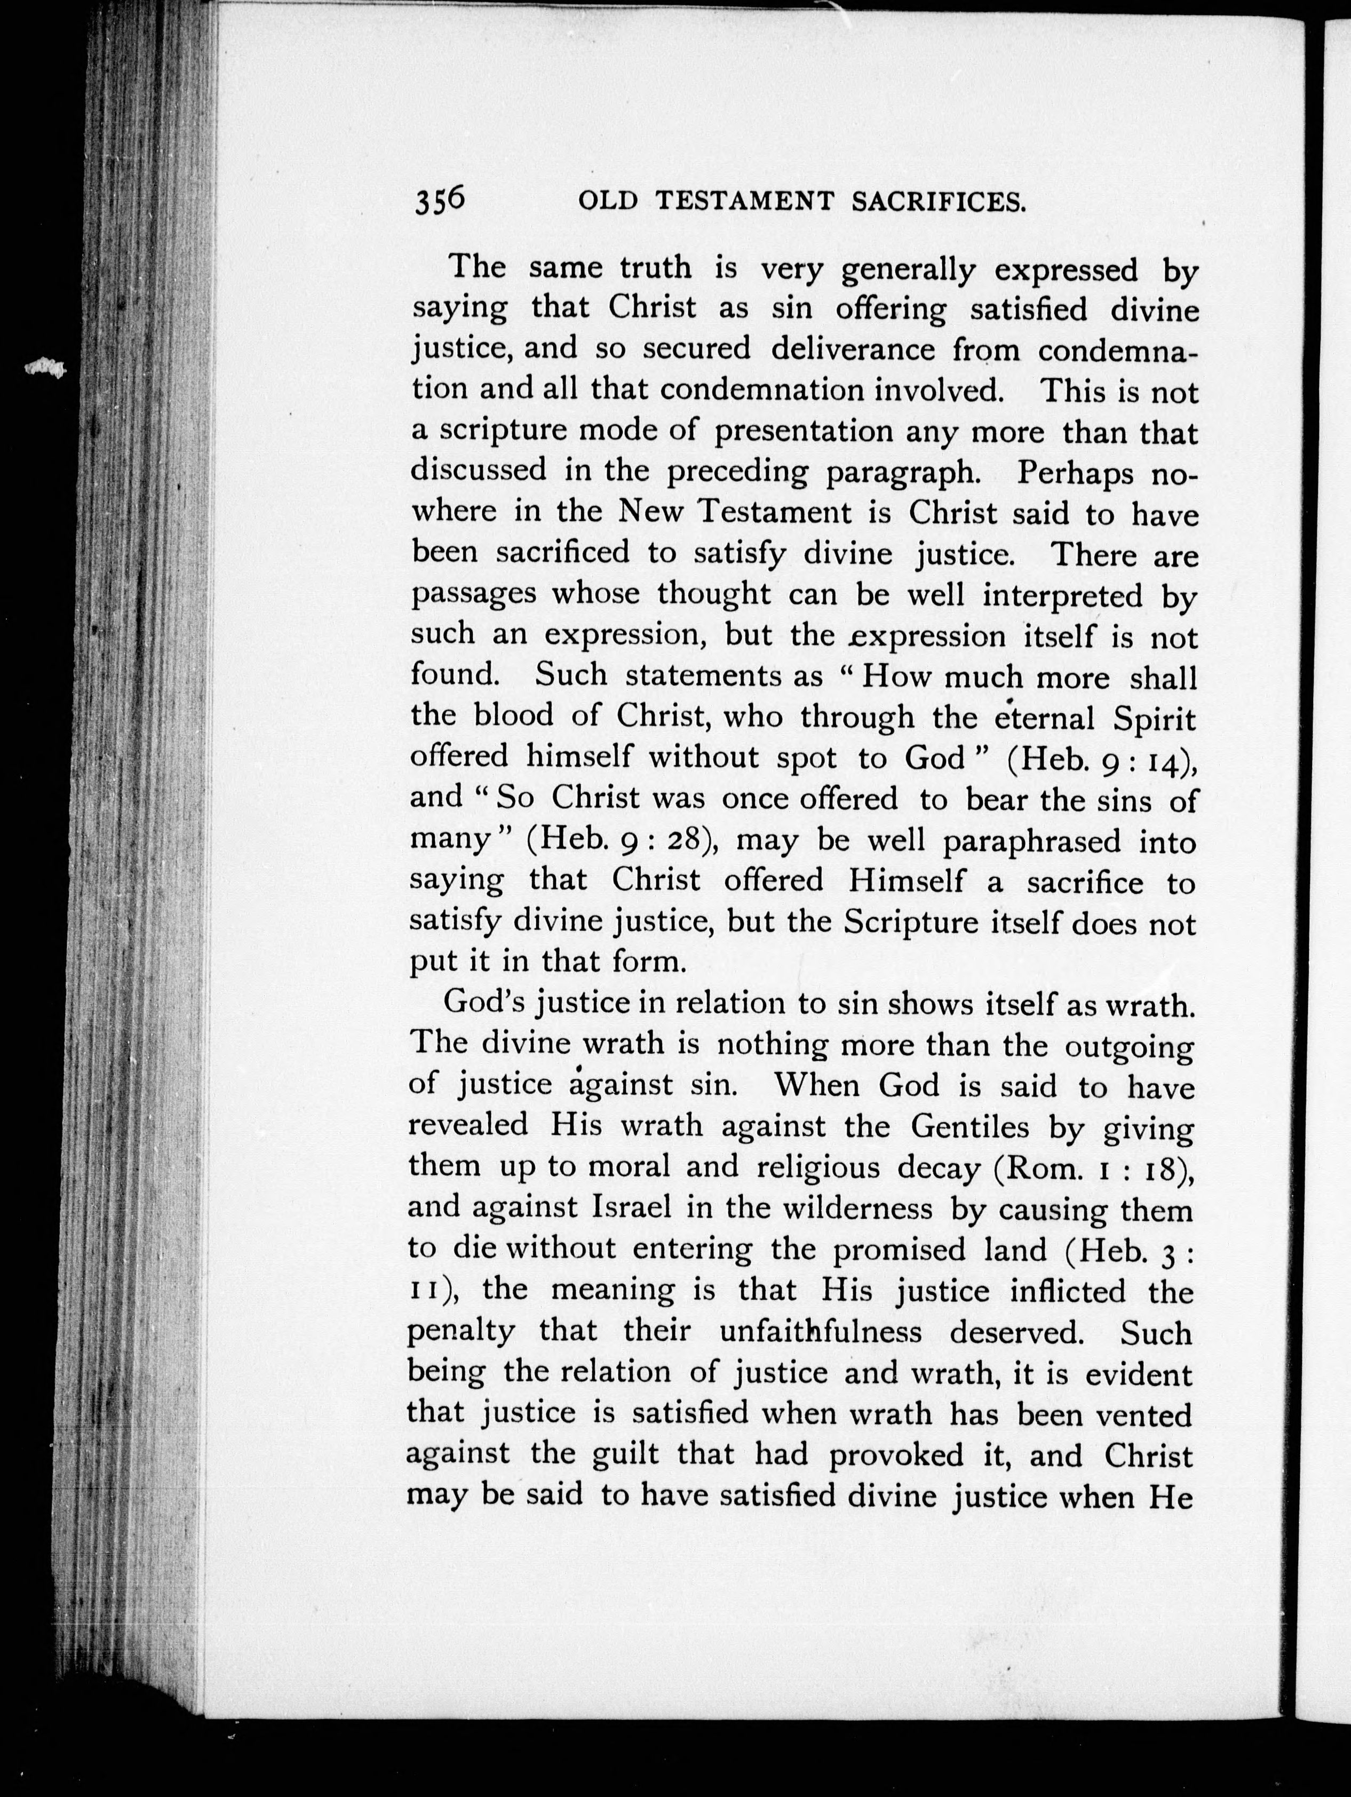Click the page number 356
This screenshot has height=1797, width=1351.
440,201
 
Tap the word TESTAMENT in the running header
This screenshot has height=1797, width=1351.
744,202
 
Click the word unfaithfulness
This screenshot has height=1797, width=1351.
821,1332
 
